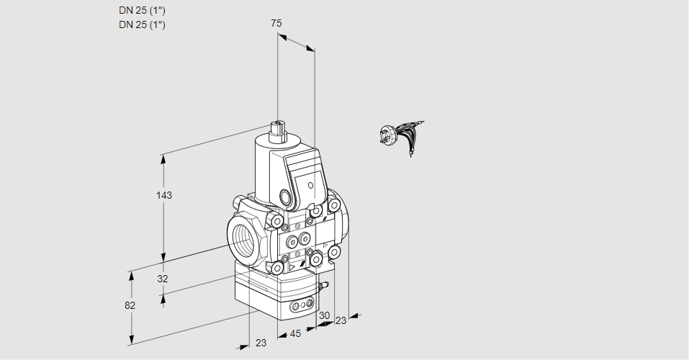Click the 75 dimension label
tap(276, 23)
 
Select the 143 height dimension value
tap(166, 195)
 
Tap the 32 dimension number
tap(163, 279)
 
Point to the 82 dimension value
tap(130, 305)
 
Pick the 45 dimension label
tap(295, 333)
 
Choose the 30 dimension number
tap(324, 315)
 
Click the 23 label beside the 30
tap(341, 320)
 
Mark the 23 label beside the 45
tap(261, 343)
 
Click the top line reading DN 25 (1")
tap(143, 10)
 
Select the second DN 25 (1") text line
tap(143, 24)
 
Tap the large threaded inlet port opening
tap(242, 240)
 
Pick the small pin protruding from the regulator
tap(326, 286)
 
